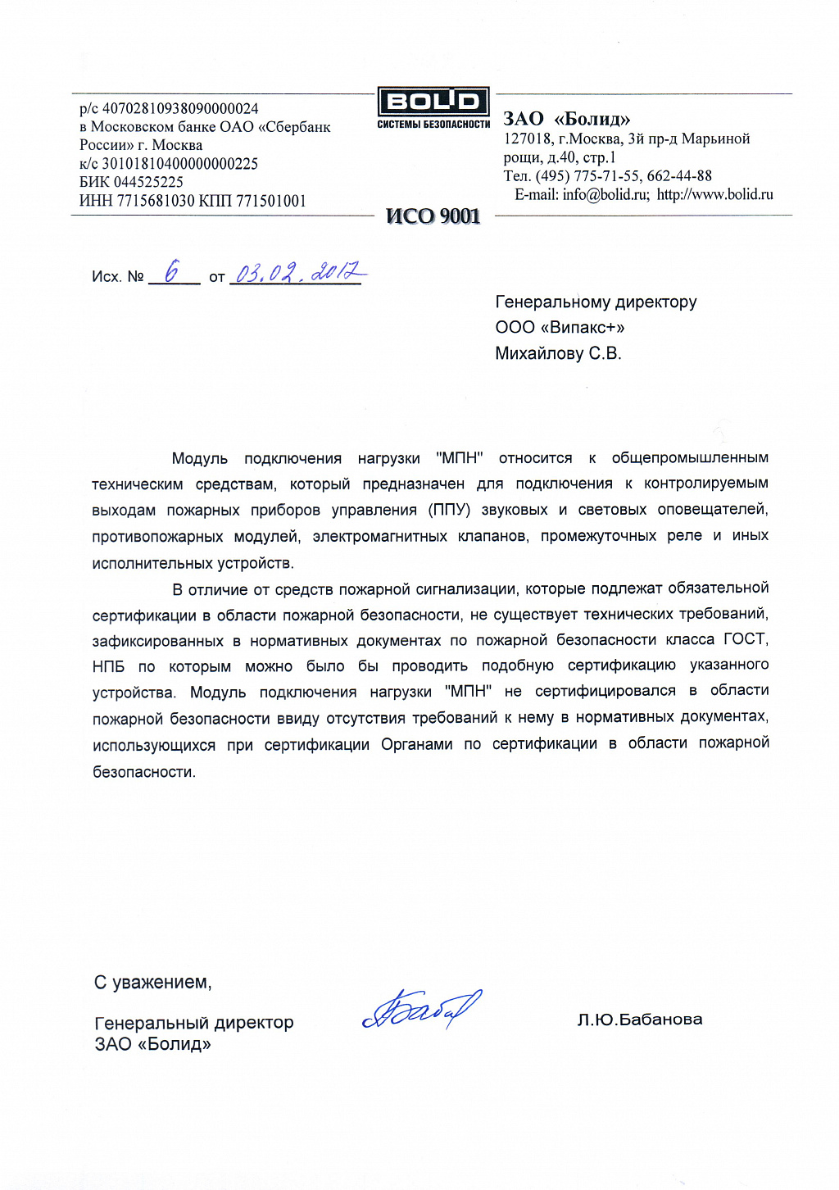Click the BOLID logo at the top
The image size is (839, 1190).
point(433,102)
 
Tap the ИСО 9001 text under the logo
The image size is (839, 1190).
point(433,216)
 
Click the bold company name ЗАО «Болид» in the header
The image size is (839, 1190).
point(567,119)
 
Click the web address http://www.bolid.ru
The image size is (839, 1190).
point(714,195)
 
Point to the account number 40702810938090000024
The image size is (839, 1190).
point(180,108)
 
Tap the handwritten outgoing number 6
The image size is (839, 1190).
point(171,272)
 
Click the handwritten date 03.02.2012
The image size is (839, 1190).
point(298,272)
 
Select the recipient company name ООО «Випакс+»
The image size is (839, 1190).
point(560,328)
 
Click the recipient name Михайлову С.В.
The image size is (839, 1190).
point(558,354)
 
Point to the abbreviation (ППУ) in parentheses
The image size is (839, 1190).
point(449,510)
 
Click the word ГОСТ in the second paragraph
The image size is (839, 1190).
point(745,639)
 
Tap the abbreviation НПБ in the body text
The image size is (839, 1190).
point(108,666)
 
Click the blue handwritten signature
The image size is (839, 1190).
point(421,1010)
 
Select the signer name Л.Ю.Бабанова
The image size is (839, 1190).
point(640,1020)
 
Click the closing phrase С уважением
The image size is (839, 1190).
point(152,982)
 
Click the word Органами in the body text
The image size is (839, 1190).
point(416,744)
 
